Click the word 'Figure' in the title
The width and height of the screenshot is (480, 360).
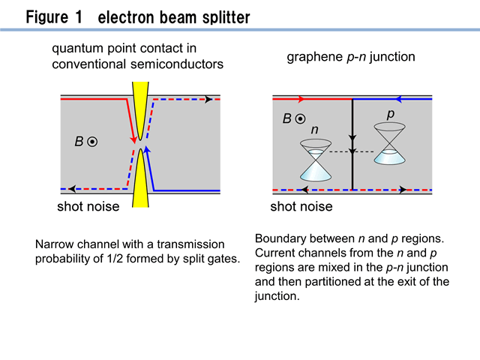click(x=46, y=16)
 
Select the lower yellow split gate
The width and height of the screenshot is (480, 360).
click(x=140, y=178)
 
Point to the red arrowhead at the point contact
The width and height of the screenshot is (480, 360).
click(x=133, y=139)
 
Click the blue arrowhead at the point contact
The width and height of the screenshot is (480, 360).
click(x=147, y=149)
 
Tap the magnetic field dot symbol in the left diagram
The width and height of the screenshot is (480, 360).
click(x=92, y=142)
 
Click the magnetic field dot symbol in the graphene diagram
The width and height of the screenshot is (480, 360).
click(x=300, y=118)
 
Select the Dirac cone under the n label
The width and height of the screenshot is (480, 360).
click(x=316, y=160)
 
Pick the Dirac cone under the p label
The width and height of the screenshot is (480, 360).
click(x=390, y=143)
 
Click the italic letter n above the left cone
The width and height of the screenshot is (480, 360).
click(x=315, y=130)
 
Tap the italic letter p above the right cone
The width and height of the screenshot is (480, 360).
click(x=390, y=114)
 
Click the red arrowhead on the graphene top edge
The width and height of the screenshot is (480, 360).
click(x=301, y=99)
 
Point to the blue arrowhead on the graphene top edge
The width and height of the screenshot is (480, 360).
click(x=398, y=99)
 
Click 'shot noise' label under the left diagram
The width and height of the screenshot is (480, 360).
click(x=88, y=207)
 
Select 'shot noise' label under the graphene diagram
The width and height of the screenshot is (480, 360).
click(x=301, y=207)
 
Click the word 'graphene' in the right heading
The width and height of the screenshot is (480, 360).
click(x=314, y=57)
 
